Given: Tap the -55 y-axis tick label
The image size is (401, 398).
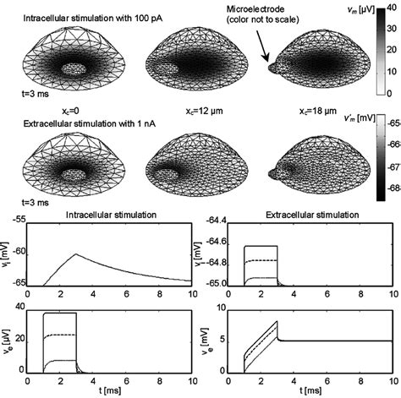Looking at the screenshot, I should pos(17,221).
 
